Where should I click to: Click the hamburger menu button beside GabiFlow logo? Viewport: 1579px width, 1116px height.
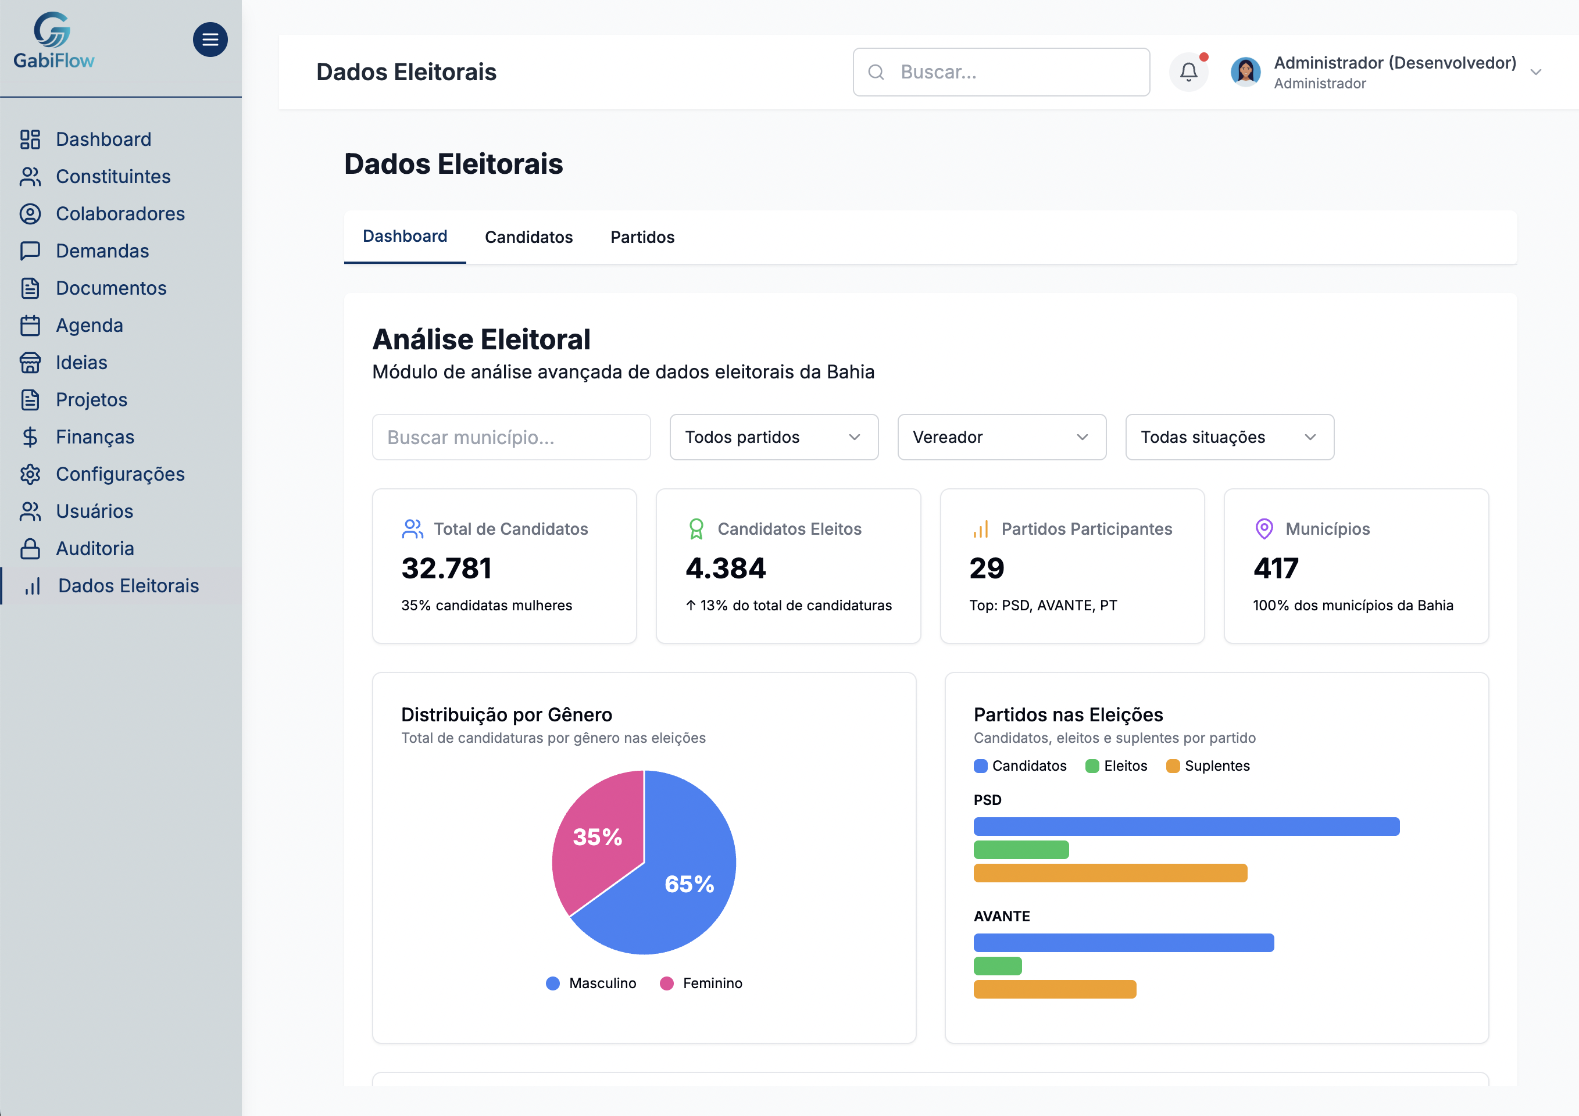[x=210, y=40]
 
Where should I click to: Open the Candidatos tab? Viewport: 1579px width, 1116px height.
[x=528, y=237]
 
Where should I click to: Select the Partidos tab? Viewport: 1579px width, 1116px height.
[x=642, y=237]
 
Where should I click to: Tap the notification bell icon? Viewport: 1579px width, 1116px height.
[x=1188, y=71]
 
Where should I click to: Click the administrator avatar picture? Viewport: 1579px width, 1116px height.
[x=1245, y=71]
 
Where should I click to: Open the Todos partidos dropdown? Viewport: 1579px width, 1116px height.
[x=773, y=437]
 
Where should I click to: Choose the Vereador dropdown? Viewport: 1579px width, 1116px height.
[x=1001, y=437]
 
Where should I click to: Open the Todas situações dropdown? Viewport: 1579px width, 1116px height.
[x=1229, y=437]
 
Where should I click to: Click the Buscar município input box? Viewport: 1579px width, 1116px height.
[x=510, y=437]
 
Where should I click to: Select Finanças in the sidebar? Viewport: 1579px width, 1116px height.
[x=95, y=437]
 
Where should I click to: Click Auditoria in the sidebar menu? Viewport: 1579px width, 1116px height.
[x=95, y=548]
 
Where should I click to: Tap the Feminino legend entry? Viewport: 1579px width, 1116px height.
[x=702, y=983]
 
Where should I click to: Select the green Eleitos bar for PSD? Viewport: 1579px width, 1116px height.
[x=1020, y=850]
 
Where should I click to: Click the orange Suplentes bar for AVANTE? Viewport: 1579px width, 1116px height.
[x=1054, y=989]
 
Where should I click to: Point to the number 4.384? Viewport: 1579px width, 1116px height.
[x=726, y=568]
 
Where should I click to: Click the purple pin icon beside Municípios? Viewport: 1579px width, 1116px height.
[x=1264, y=529]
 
